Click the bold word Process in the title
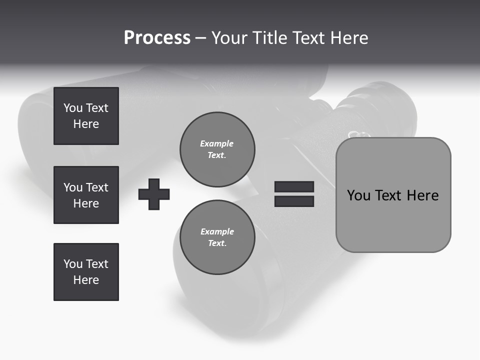click(x=157, y=38)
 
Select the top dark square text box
click(x=86, y=116)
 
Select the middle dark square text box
click(x=86, y=195)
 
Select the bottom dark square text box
click(x=86, y=272)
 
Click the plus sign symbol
click(x=154, y=194)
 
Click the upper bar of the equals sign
click(x=294, y=186)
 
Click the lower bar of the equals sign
click(x=294, y=201)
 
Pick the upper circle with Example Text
click(x=217, y=149)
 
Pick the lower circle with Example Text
click(x=217, y=237)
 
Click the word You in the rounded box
click(x=359, y=195)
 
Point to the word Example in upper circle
click(x=217, y=143)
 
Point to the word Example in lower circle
click(x=217, y=231)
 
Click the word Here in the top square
click(x=86, y=124)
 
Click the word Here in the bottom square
click(x=86, y=280)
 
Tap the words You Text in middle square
click(x=86, y=187)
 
